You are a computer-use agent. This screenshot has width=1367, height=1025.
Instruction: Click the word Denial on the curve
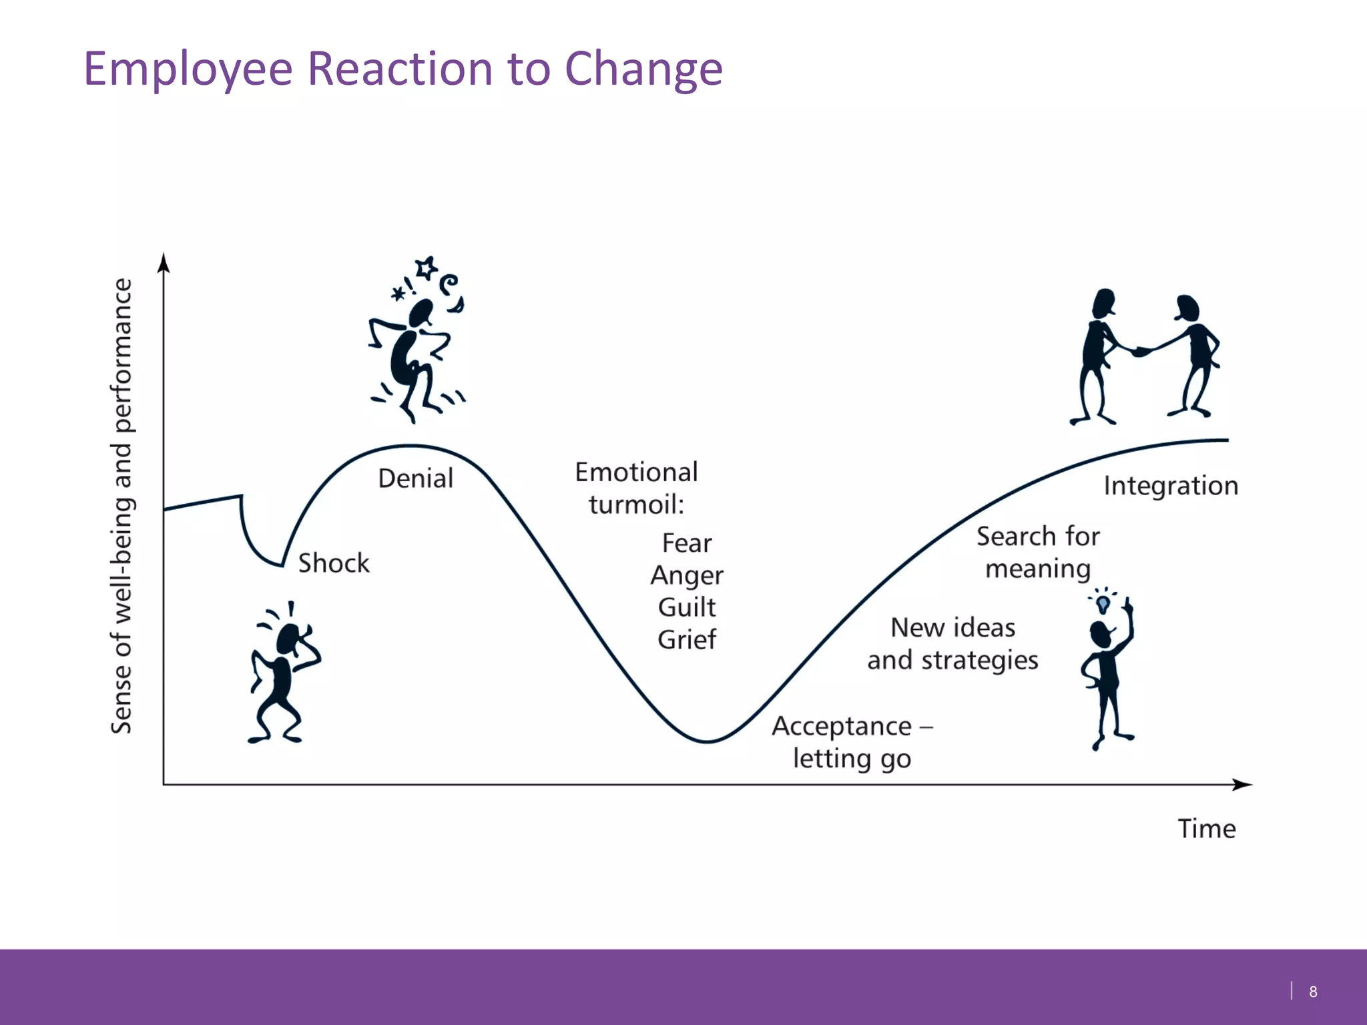[x=415, y=478]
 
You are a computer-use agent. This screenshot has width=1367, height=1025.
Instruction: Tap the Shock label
[x=333, y=563]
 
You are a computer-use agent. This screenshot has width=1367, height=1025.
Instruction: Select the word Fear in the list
[x=687, y=543]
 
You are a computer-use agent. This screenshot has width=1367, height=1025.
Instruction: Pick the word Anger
[x=687, y=575]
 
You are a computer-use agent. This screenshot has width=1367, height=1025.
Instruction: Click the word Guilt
[x=687, y=607]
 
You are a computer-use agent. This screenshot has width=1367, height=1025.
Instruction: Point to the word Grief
[x=687, y=639]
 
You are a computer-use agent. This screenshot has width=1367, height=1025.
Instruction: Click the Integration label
[x=1171, y=486]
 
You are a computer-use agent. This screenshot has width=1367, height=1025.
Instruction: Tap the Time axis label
[x=1206, y=829]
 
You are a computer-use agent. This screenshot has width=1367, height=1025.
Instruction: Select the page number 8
[x=1313, y=992]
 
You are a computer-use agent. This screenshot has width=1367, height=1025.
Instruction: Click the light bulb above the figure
[x=1103, y=604]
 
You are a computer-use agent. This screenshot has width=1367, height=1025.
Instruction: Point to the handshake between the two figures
[x=1140, y=351]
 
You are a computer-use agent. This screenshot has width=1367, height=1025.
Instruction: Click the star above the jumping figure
[x=426, y=268]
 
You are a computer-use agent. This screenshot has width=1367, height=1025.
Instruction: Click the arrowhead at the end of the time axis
[x=1242, y=785]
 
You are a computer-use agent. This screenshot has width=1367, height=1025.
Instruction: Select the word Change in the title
[x=643, y=69]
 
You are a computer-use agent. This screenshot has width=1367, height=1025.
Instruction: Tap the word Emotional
[x=636, y=472]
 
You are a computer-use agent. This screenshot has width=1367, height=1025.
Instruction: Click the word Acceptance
[x=842, y=726]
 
